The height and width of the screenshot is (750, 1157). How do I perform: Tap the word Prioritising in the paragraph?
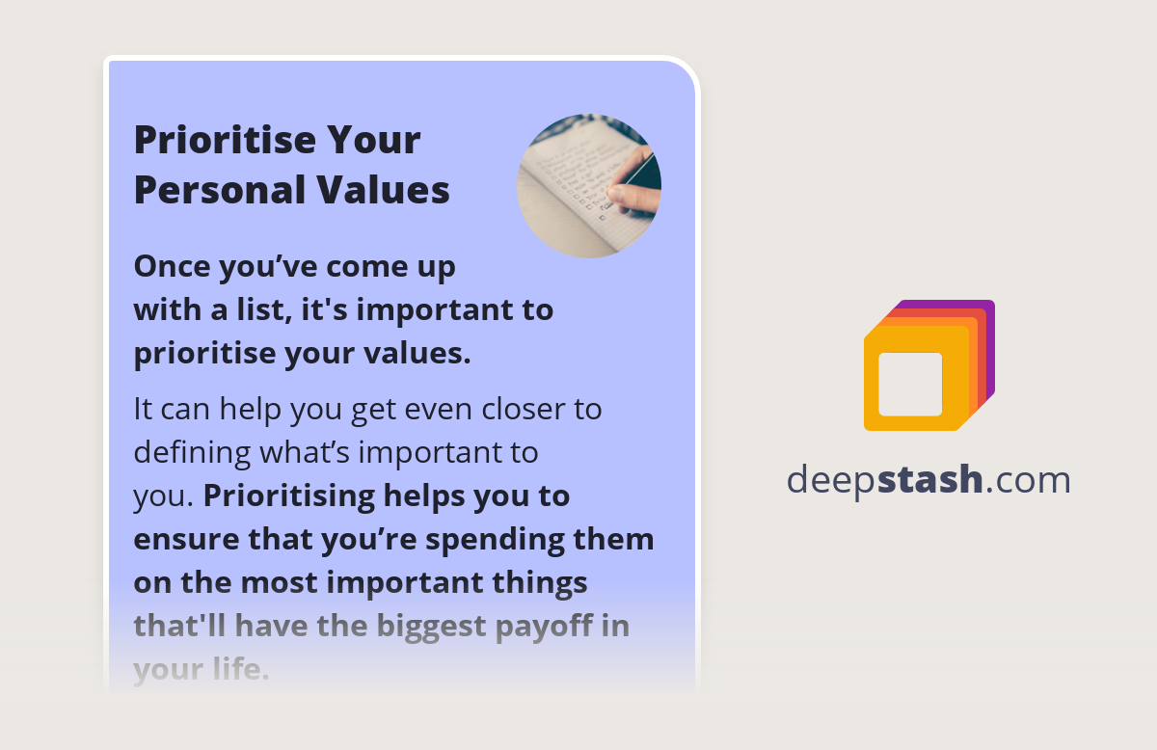[x=289, y=496]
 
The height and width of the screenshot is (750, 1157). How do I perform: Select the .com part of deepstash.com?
[x=1028, y=479]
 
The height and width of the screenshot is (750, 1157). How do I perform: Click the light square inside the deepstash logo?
[x=910, y=384]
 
